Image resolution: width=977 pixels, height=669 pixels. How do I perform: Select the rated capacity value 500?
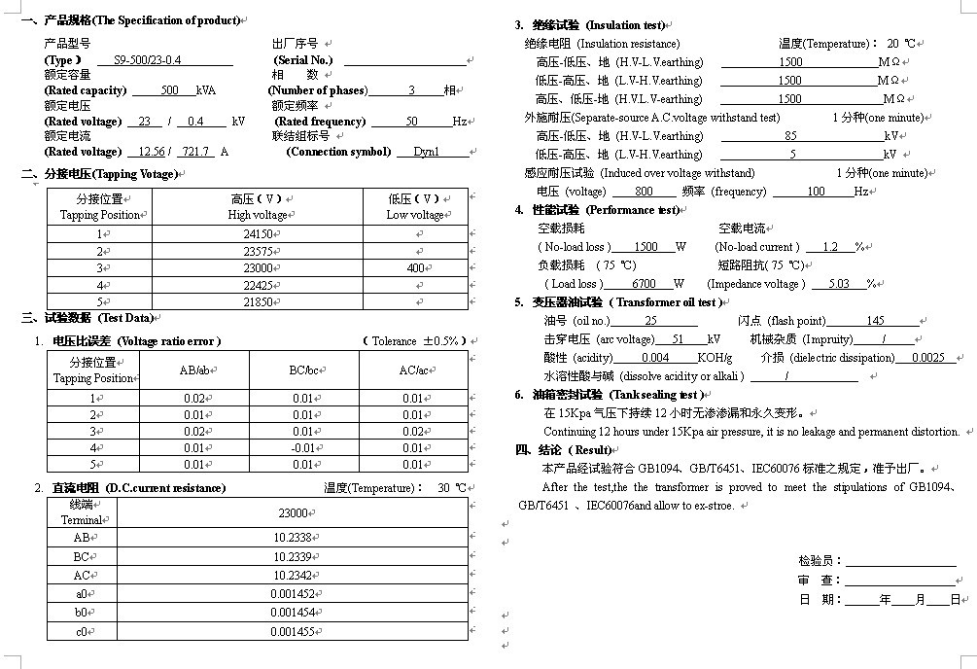point(170,90)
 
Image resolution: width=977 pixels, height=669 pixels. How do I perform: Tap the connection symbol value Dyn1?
point(427,152)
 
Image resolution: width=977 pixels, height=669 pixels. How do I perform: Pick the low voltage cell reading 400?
point(416,268)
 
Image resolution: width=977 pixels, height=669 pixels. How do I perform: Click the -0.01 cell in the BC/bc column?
point(303,448)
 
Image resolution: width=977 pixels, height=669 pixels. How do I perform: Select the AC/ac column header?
point(413,370)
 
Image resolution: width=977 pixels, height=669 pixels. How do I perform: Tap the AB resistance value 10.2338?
point(292,537)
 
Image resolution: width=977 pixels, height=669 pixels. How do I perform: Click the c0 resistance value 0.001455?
point(292,632)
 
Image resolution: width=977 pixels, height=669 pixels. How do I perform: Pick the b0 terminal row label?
point(82,613)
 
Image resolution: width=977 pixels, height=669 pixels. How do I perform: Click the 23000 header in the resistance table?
point(292,513)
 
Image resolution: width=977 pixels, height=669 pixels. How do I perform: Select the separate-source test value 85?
point(790,136)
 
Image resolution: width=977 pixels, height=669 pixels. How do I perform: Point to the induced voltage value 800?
point(643,193)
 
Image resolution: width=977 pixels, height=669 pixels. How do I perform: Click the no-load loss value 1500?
point(646,247)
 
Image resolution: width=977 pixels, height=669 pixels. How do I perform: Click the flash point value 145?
point(875,321)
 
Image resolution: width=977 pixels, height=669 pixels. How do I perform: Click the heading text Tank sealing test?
point(657,395)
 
